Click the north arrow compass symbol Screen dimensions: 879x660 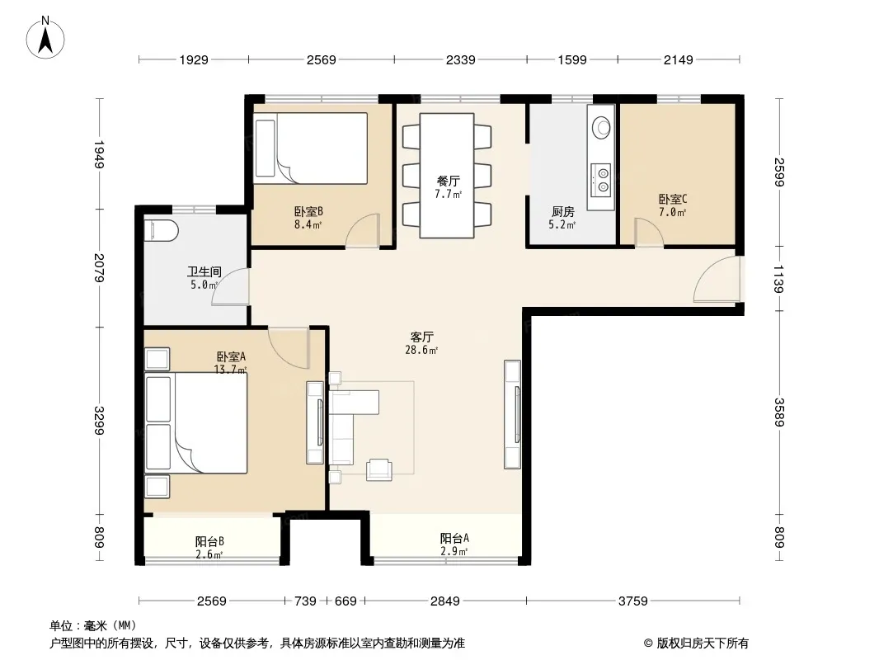(45, 37)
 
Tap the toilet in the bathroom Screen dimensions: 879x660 (161, 230)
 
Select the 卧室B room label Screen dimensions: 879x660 (308, 212)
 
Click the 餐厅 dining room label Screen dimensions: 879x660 (449, 181)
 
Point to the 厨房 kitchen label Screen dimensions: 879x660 (562, 212)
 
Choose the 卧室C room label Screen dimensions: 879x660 (673, 199)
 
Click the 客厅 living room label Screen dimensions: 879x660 (421, 337)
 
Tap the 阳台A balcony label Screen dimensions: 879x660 (454, 539)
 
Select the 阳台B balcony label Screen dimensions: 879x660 (209, 542)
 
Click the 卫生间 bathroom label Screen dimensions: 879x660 (204, 272)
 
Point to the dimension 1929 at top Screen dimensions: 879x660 (194, 59)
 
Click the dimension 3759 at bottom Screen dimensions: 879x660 (633, 601)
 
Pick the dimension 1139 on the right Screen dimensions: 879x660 (778, 278)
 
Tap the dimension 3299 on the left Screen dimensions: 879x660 (99, 420)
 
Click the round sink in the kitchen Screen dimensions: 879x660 (601, 127)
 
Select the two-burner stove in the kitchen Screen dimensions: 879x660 (602, 177)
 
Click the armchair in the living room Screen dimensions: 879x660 (379, 470)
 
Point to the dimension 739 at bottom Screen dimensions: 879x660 (306, 601)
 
